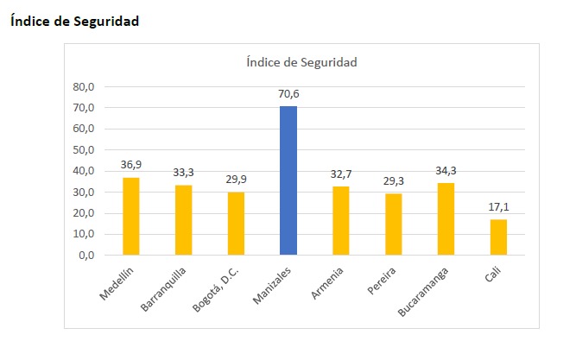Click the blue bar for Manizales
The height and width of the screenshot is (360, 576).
pos(288,180)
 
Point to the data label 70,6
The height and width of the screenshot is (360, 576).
pos(288,94)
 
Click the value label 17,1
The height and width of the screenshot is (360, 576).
pos(498,207)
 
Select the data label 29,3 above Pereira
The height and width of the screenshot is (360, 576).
pos(394,181)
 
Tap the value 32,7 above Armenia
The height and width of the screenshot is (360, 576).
pos(341,174)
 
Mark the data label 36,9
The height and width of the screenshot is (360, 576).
pos(131,165)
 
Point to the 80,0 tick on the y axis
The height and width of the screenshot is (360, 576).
pos(83,87)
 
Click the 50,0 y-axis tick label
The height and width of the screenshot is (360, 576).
pos(83,150)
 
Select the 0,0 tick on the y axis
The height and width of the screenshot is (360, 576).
pos(85,256)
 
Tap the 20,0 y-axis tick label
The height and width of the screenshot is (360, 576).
pos(83,213)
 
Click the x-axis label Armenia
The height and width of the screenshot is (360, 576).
pos(327,282)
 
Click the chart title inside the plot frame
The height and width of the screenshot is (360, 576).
pos(301,62)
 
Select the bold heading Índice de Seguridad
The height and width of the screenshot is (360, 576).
pos(74,22)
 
